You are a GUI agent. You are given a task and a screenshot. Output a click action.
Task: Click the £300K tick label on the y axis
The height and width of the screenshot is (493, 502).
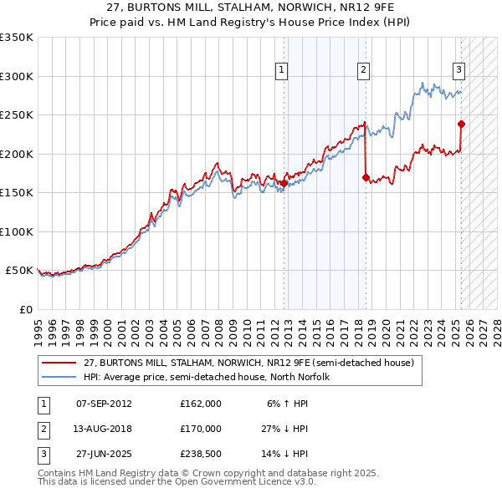pos(17,76)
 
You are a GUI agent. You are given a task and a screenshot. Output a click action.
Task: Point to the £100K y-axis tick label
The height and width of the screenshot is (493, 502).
pos(17,231)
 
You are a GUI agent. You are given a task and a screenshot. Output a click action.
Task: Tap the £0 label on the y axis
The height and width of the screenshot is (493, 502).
pos(25,309)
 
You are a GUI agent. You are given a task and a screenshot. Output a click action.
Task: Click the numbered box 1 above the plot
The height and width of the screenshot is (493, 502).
pos(282,70)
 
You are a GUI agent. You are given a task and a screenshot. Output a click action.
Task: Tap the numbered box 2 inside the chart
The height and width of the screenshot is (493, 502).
pos(364,70)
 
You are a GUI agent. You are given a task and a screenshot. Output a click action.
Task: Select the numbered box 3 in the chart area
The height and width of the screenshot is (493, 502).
pos(459,70)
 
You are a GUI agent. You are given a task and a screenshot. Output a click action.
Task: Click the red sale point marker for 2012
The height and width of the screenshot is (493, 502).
pos(284,183)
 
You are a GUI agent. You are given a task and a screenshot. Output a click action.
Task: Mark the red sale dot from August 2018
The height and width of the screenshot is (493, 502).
pos(366,177)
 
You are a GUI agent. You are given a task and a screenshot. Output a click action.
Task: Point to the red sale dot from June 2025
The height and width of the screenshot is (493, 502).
pos(461,124)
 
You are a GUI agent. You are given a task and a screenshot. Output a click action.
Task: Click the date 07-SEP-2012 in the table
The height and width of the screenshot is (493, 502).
pos(104,403)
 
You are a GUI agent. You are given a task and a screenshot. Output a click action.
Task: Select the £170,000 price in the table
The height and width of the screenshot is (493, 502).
pos(201,429)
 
